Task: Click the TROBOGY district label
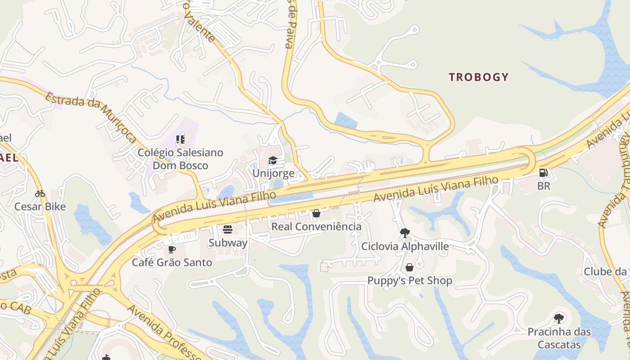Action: (478, 77)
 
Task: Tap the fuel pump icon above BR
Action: (544, 173)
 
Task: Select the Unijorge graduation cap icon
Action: (273, 161)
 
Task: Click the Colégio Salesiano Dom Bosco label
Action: (180, 159)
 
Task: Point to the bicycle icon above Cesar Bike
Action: (40, 194)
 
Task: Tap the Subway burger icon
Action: (228, 229)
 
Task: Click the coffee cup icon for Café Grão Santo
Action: (171, 249)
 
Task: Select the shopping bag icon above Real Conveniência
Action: (316, 213)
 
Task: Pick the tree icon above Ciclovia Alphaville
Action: (405, 233)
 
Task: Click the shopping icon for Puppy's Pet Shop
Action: (409, 268)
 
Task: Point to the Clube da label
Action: (605, 271)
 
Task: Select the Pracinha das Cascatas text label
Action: (559, 338)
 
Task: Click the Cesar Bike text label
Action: (40, 207)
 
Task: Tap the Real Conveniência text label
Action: (316, 226)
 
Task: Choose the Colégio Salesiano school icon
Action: (180, 139)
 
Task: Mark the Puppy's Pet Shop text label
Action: (409, 281)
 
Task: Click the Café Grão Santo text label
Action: (172, 262)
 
